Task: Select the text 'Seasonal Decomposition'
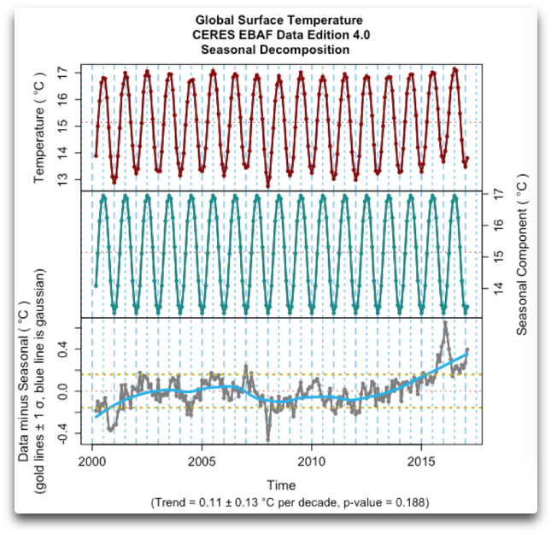(x=275, y=50)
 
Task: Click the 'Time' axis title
(x=281, y=484)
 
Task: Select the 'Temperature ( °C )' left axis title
(x=39, y=128)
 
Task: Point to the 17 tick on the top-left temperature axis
(x=62, y=73)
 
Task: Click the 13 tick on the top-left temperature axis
(x=62, y=179)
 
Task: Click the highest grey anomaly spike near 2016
(x=445, y=323)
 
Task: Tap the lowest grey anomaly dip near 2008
(x=267, y=439)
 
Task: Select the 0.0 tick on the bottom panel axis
(x=62, y=391)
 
